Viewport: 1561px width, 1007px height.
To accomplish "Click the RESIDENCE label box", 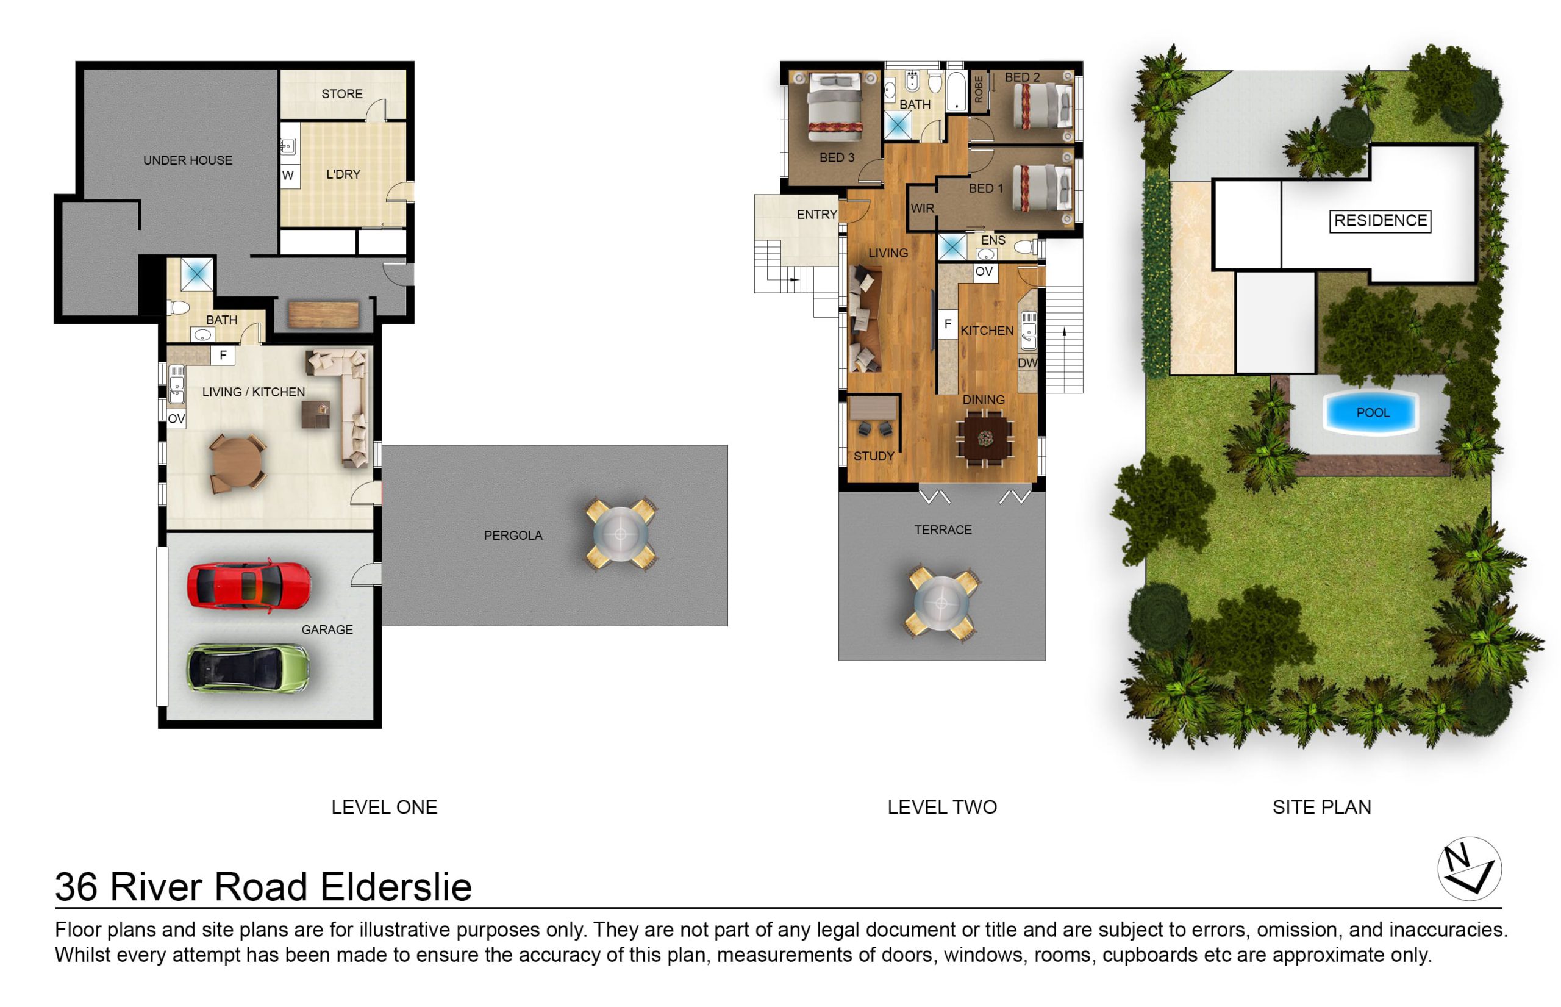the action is click(1380, 221).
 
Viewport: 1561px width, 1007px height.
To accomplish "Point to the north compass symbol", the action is click(1470, 869).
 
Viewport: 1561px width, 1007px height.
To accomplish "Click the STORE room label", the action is click(342, 94).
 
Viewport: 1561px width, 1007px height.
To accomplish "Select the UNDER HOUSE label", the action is click(188, 160).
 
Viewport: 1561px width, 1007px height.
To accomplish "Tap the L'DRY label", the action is click(343, 174).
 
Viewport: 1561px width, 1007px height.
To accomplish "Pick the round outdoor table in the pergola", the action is click(620, 534).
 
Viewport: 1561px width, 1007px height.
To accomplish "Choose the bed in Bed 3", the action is click(835, 107).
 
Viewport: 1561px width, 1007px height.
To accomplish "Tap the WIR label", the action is click(922, 209).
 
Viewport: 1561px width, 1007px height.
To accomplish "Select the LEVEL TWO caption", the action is click(942, 807).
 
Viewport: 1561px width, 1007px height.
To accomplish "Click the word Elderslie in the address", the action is click(396, 887).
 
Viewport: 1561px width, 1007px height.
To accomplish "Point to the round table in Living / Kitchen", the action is click(237, 464).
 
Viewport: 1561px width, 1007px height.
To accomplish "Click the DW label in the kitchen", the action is click(1027, 363).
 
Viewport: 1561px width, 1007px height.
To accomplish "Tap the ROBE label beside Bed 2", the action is click(979, 90).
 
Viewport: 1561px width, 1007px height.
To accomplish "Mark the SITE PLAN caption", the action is click(1322, 807).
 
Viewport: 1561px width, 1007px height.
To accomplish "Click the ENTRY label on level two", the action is click(816, 215).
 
